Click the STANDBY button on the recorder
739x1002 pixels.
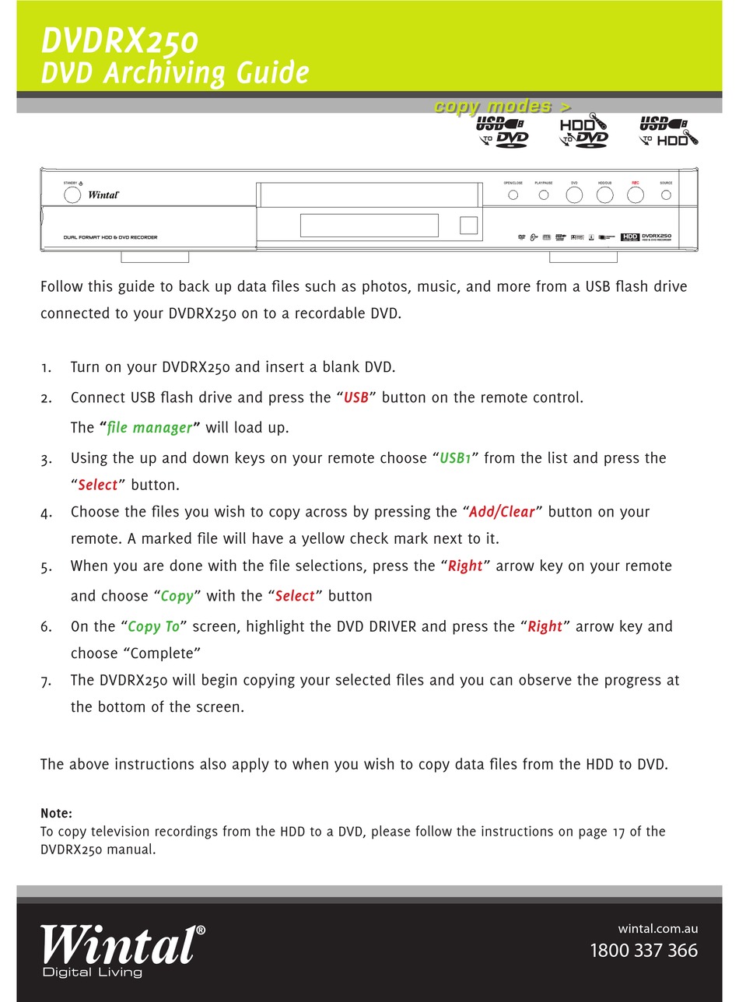(72, 194)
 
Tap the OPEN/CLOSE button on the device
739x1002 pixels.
(513, 194)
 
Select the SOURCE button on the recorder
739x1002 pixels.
(666, 194)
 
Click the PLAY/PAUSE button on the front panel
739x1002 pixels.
(544, 194)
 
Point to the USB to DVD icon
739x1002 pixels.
(502, 131)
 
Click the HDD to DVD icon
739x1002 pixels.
(583, 131)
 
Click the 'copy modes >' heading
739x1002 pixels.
(503, 106)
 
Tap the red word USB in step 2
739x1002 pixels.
(355, 398)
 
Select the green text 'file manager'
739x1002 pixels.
(149, 428)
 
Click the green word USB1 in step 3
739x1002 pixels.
(456, 458)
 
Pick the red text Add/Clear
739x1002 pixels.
(502, 512)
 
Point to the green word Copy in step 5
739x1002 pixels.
(177, 596)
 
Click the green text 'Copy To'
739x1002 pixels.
(153, 626)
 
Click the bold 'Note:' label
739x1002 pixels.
(56, 813)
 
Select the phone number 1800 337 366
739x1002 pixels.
(643, 950)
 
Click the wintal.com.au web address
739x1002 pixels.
(657, 928)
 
